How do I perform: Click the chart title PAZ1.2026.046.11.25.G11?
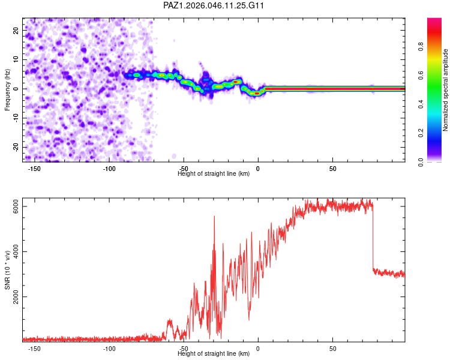click(214, 5)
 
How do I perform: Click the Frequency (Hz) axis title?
click(8, 89)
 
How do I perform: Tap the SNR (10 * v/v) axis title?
click(8, 270)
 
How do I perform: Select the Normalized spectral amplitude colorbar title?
click(445, 90)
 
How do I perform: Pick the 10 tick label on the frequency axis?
click(16, 59)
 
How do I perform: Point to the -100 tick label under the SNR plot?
click(109, 349)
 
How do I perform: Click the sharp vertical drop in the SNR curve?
click(373, 240)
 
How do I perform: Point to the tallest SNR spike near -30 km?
click(214, 217)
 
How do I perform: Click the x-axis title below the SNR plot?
click(214, 354)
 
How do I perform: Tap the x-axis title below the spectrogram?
click(214, 174)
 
